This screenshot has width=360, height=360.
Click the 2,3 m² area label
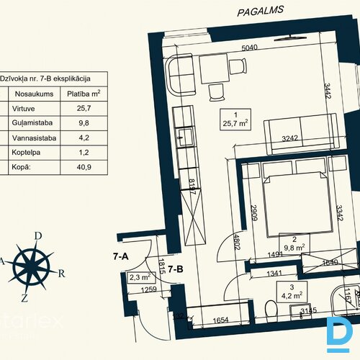[x=140, y=276]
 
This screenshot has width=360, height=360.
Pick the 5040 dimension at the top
[x=250, y=48]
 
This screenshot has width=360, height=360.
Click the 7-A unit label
[x=120, y=256]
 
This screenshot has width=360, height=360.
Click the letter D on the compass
[x=37, y=235]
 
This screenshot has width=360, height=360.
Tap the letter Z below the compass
[x=25, y=297]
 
